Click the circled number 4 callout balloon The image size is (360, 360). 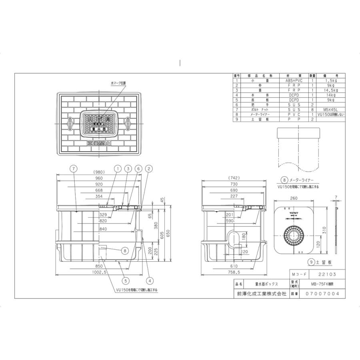point(150,280)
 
